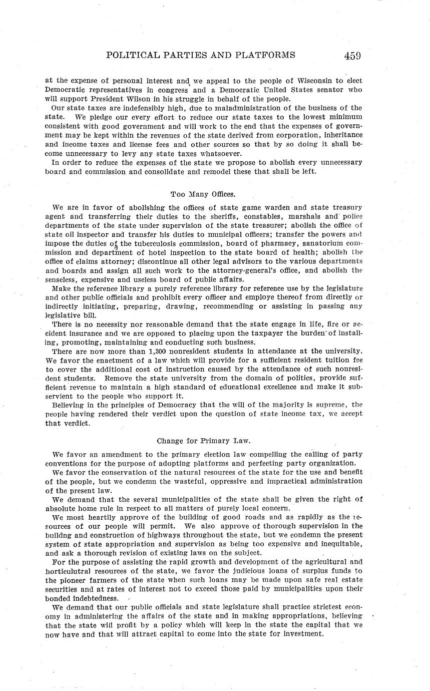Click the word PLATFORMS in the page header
[260, 55]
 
